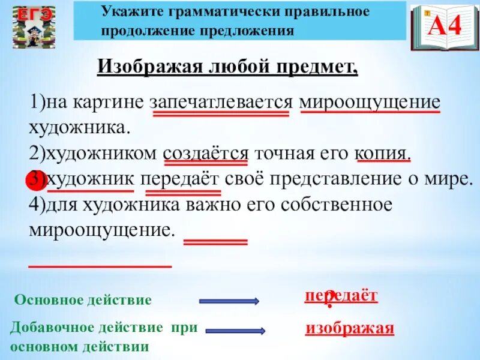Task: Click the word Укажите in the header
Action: pos(123,11)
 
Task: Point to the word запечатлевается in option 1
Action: pos(222,101)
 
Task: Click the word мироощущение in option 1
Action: pos(370,101)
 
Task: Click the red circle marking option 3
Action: pos(33,179)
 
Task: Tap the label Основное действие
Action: pos(83,300)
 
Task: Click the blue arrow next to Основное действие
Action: pos(229,301)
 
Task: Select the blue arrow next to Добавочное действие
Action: pos(236,330)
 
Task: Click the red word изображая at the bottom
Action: pos(350,328)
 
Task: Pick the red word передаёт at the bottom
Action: pos(341,295)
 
